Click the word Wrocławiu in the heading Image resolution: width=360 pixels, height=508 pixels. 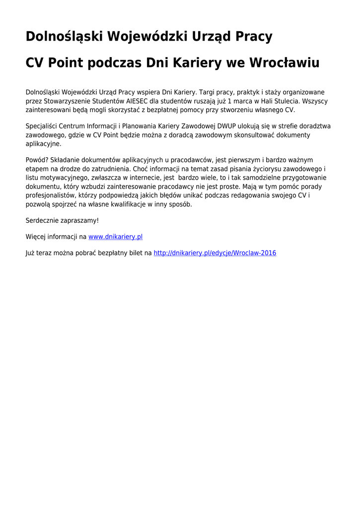tap(284, 63)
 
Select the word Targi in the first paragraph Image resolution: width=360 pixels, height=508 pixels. tap(207, 92)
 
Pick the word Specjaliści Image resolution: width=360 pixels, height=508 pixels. tap(42, 126)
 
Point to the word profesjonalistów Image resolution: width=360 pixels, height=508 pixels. tap(50, 195)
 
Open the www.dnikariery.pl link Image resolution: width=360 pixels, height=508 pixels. tap(115, 237)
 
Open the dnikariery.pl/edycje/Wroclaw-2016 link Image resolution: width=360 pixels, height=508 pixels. tap(215, 253)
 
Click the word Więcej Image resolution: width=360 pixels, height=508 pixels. tap(36, 237)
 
